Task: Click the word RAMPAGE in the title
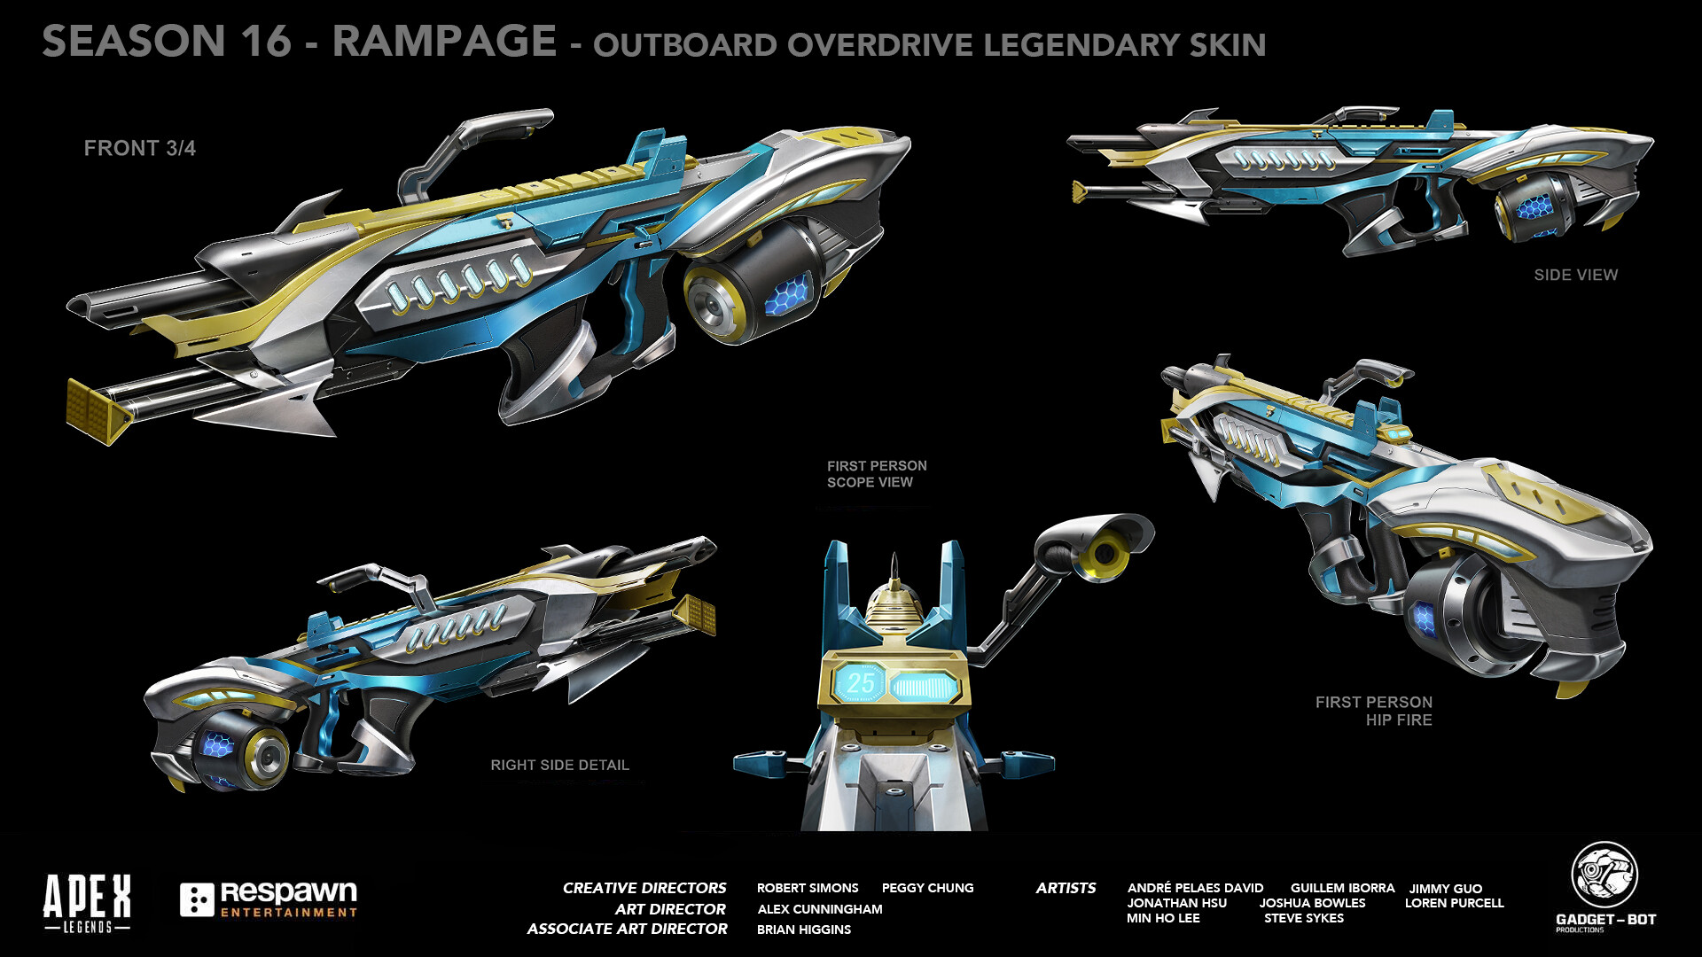tap(444, 42)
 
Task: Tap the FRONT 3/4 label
tap(139, 148)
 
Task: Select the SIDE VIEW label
tap(1575, 275)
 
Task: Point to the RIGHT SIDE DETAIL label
tap(559, 765)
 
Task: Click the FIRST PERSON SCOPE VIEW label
tap(876, 474)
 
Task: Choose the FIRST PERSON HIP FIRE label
tap(1373, 711)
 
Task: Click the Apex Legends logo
tap(87, 902)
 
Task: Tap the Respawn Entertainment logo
tap(269, 899)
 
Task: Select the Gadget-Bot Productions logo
tap(1604, 886)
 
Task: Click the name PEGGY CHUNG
tap(927, 888)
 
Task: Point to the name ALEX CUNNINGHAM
tap(819, 909)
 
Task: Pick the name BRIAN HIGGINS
tap(803, 930)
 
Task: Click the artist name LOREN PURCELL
tap(1454, 903)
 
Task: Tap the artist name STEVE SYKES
tap(1303, 918)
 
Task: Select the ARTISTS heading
tap(1066, 888)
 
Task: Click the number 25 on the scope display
tap(860, 683)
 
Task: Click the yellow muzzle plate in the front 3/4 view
tap(98, 410)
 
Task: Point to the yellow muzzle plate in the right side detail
tap(696, 614)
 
